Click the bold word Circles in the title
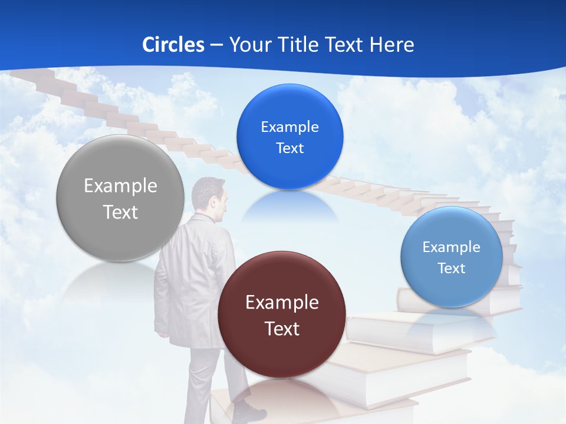pyautogui.click(x=173, y=45)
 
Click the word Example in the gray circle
pyautogui.click(x=120, y=186)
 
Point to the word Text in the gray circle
pyautogui.click(x=120, y=212)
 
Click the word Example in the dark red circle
pyautogui.click(x=282, y=303)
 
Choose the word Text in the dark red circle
pyautogui.click(x=282, y=329)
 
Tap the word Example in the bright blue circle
pyautogui.click(x=289, y=127)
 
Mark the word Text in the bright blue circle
pyautogui.click(x=289, y=148)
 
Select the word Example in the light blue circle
pyautogui.click(x=452, y=247)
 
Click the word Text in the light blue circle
pyautogui.click(x=452, y=269)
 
